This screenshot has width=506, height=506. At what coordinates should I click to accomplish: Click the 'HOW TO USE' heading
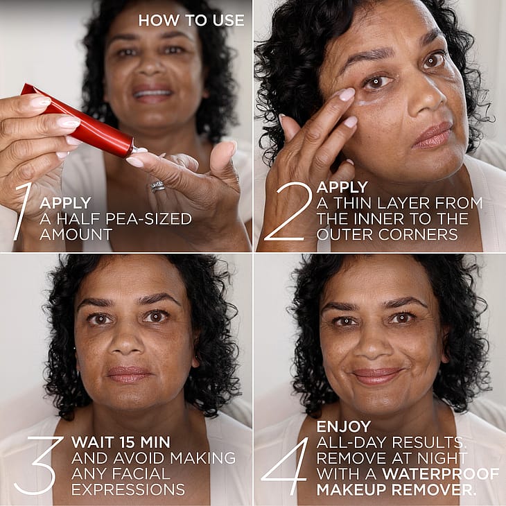coord(191,20)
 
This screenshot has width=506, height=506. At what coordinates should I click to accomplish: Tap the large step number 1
coord(24,211)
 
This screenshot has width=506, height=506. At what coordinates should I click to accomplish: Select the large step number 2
coord(288,211)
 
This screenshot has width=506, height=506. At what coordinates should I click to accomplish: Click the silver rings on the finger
coord(157,186)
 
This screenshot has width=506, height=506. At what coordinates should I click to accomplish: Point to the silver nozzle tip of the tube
coord(139,150)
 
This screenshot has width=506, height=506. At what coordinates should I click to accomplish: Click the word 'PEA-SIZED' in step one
coord(149,219)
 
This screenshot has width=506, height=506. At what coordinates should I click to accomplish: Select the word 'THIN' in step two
coord(353,203)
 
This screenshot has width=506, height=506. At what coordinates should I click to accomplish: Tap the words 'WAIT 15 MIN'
coord(121,442)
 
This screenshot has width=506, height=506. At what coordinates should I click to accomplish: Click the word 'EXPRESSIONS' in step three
coord(128,489)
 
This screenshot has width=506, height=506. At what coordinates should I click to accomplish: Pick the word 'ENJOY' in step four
coord(344,426)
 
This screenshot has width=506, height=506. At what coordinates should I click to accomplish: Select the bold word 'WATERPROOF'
coord(441,473)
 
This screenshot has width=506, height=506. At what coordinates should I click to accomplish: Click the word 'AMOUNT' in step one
coord(76,234)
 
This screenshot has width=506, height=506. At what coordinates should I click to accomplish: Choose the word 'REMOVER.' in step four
coord(436,489)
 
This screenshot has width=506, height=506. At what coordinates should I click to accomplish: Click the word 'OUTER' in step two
coord(344,234)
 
